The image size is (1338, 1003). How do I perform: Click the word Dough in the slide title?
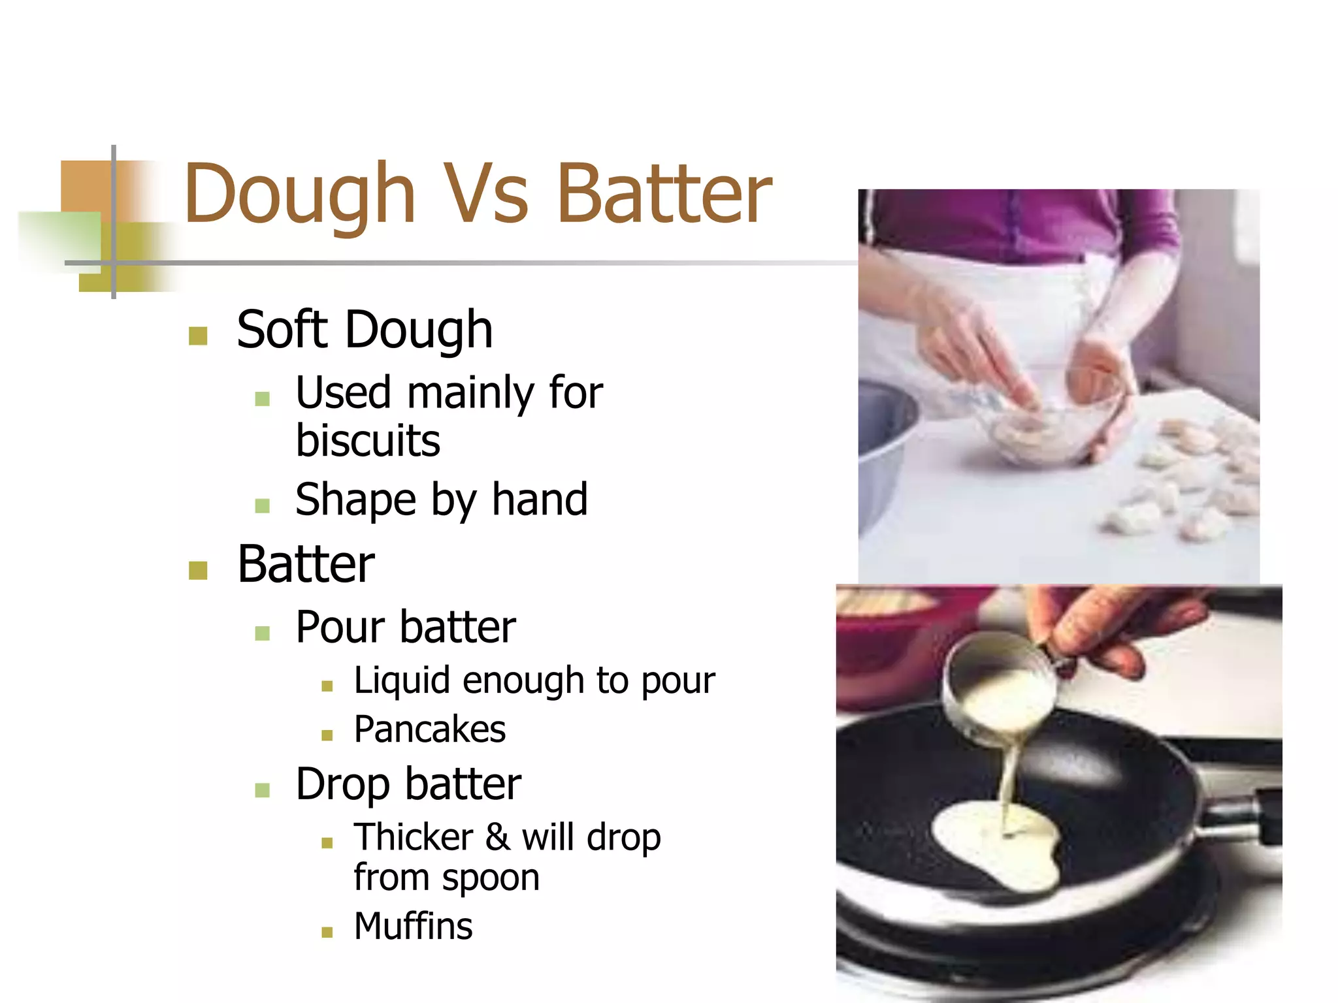[x=299, y=195]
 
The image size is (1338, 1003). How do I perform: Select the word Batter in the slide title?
[x=664, y=193]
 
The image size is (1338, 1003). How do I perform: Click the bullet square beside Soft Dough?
[x=197, y=336]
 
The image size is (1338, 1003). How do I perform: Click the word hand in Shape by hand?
[x=540, y=499]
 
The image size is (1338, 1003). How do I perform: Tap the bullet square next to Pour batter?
[x=263, y=633]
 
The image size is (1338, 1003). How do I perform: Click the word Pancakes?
[x=430, y=729]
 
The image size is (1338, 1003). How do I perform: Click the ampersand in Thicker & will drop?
[x=497, y=837]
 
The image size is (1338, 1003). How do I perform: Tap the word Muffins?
[x=413, y=926]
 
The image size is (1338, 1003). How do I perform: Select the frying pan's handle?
[x=1241, y=816]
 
